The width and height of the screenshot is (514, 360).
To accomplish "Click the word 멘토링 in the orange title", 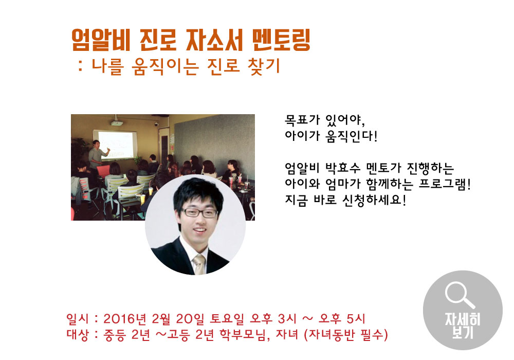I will tap(283, 41).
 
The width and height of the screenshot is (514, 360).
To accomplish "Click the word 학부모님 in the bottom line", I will tap(242, 335).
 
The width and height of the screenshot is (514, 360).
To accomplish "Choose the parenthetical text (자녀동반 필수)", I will tap(345, 335).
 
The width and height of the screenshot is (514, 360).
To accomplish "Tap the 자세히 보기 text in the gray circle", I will tap(463, 326).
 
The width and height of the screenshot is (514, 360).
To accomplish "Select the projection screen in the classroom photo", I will tap(118, 145).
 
